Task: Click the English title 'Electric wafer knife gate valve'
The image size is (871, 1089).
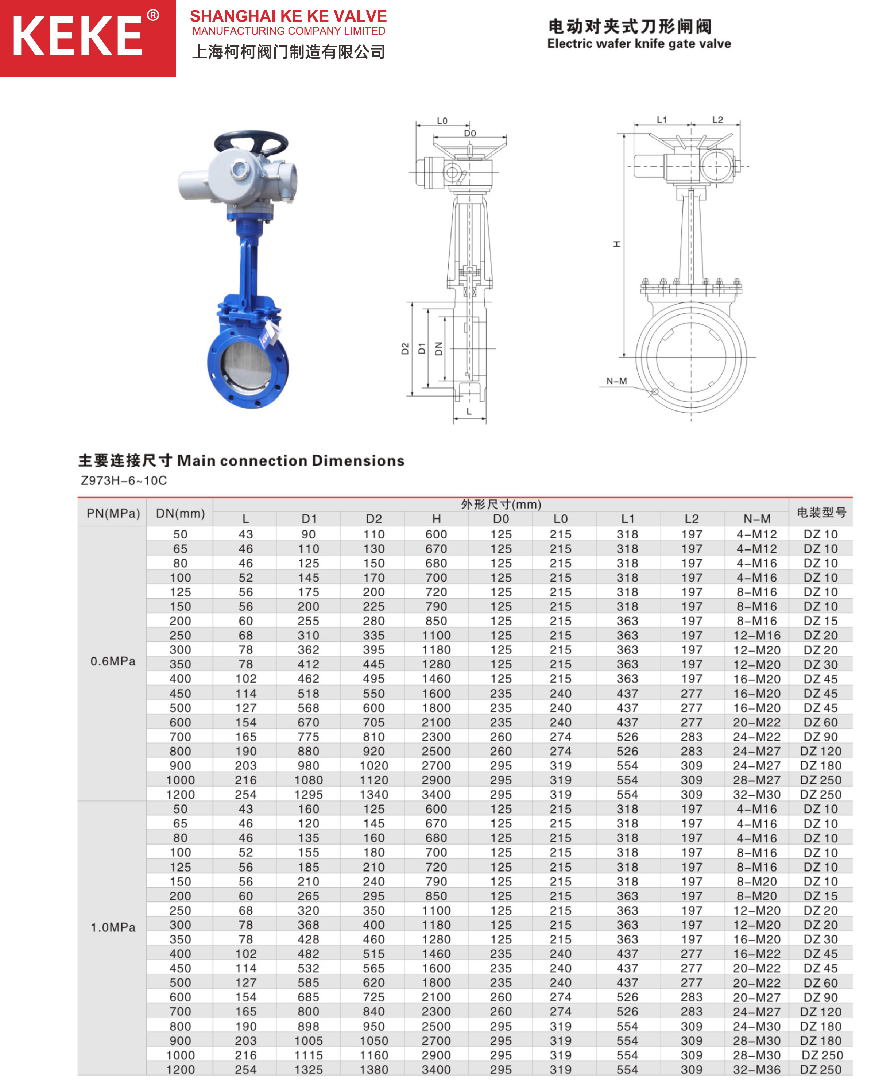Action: tap(638, 44)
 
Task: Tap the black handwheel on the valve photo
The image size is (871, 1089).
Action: tap(251, 142)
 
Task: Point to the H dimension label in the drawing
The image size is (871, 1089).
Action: tap(616, 244)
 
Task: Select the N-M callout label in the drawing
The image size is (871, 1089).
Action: tap(616, 381)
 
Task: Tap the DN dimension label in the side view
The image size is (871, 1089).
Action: tap(438, 348)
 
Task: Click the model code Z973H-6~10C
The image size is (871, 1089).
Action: tap(124, 480)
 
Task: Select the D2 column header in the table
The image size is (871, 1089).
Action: tap(373, 519)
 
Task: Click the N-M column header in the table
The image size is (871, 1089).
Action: tap(756, 519)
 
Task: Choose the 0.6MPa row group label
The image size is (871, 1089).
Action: tap(113, 661)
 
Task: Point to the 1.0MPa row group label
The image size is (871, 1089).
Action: tap(113, 927)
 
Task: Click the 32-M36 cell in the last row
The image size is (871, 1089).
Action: tap(756, 1070)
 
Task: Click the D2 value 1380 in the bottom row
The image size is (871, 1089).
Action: tap(373, 1070)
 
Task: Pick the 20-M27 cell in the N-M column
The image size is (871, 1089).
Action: tap(756, 997)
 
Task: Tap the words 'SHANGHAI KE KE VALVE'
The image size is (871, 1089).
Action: tap(288, 16)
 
